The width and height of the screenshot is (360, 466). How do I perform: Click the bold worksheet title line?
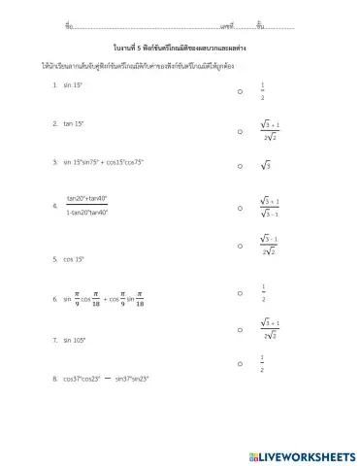180,46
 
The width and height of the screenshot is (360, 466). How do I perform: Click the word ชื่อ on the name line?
68,22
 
